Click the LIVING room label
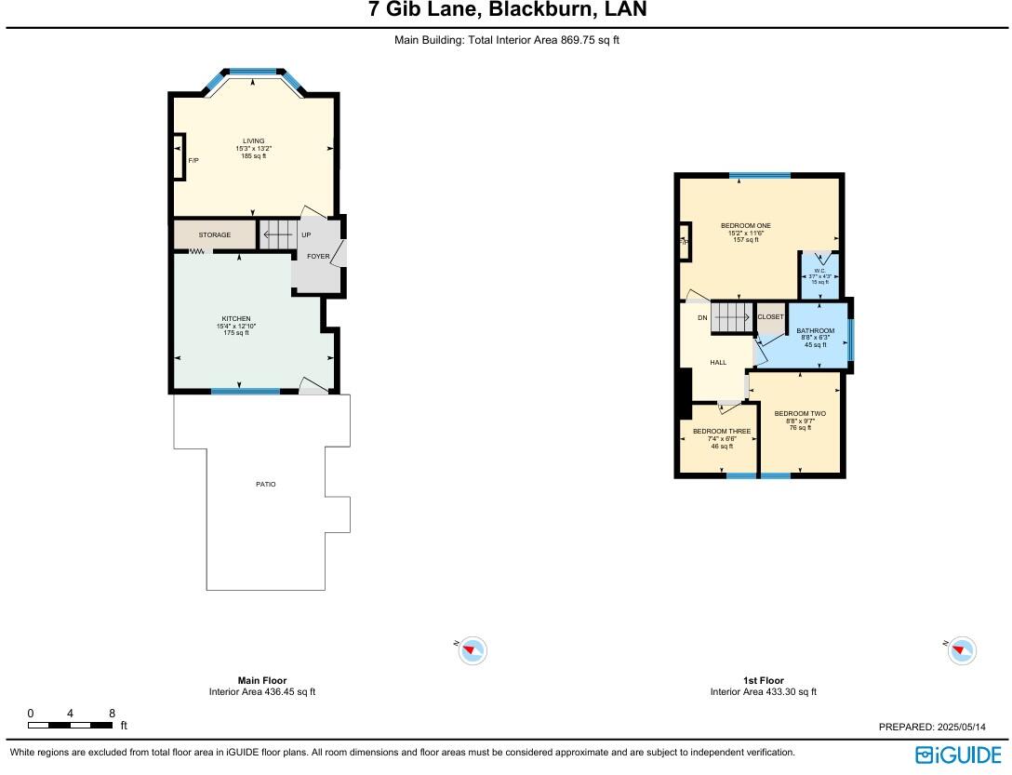pyautogui.click(x=253, y=141)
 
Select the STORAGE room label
pyautogui.click(x=214, y=235)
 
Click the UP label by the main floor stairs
pyautogui.click(x=306, y=235)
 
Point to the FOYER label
pyautogui.click(x=318, y=256)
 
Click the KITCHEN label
pyautogui.click(x=236, y=319)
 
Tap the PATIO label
pyautogui.click(x=266, y=484)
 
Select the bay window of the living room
pyautogui.click(x=253, y=72)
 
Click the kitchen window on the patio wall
pyautogui.click(x=245, y=392)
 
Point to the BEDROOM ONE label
pyautogui.click(x=746, y=226)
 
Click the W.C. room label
pyautogui.click(x=820, y=271)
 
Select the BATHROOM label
pyautogui.click(x=816, y=331)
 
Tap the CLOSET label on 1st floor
pyautogui.click(x=770, y=317)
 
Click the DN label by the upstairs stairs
pyautogui.click(x=702, y=318)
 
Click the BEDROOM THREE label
pyautogui.click(x=722, y=432)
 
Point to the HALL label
pyautogui.click(x=718, y=362)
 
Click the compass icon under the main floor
pyautogui.click(x=473, y=649)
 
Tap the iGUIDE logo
pyautogui.click(x=959, y=754)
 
